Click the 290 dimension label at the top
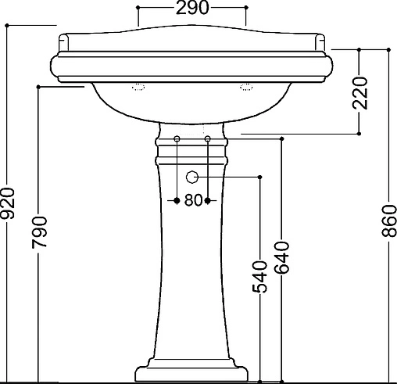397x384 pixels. [x=192, y=8]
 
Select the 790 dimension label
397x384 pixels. [x=39, y=232]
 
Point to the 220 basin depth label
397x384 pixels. [x=359, y=93]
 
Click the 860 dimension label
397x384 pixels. [x=389, y=221]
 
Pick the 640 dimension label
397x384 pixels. [x=282, y=258]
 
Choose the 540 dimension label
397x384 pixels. [x=259, y=277]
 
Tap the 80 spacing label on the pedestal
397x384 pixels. [x=193, y=200]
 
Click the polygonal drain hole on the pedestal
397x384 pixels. [x=192, y=178]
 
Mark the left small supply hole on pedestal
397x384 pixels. [x=177, y=138]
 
